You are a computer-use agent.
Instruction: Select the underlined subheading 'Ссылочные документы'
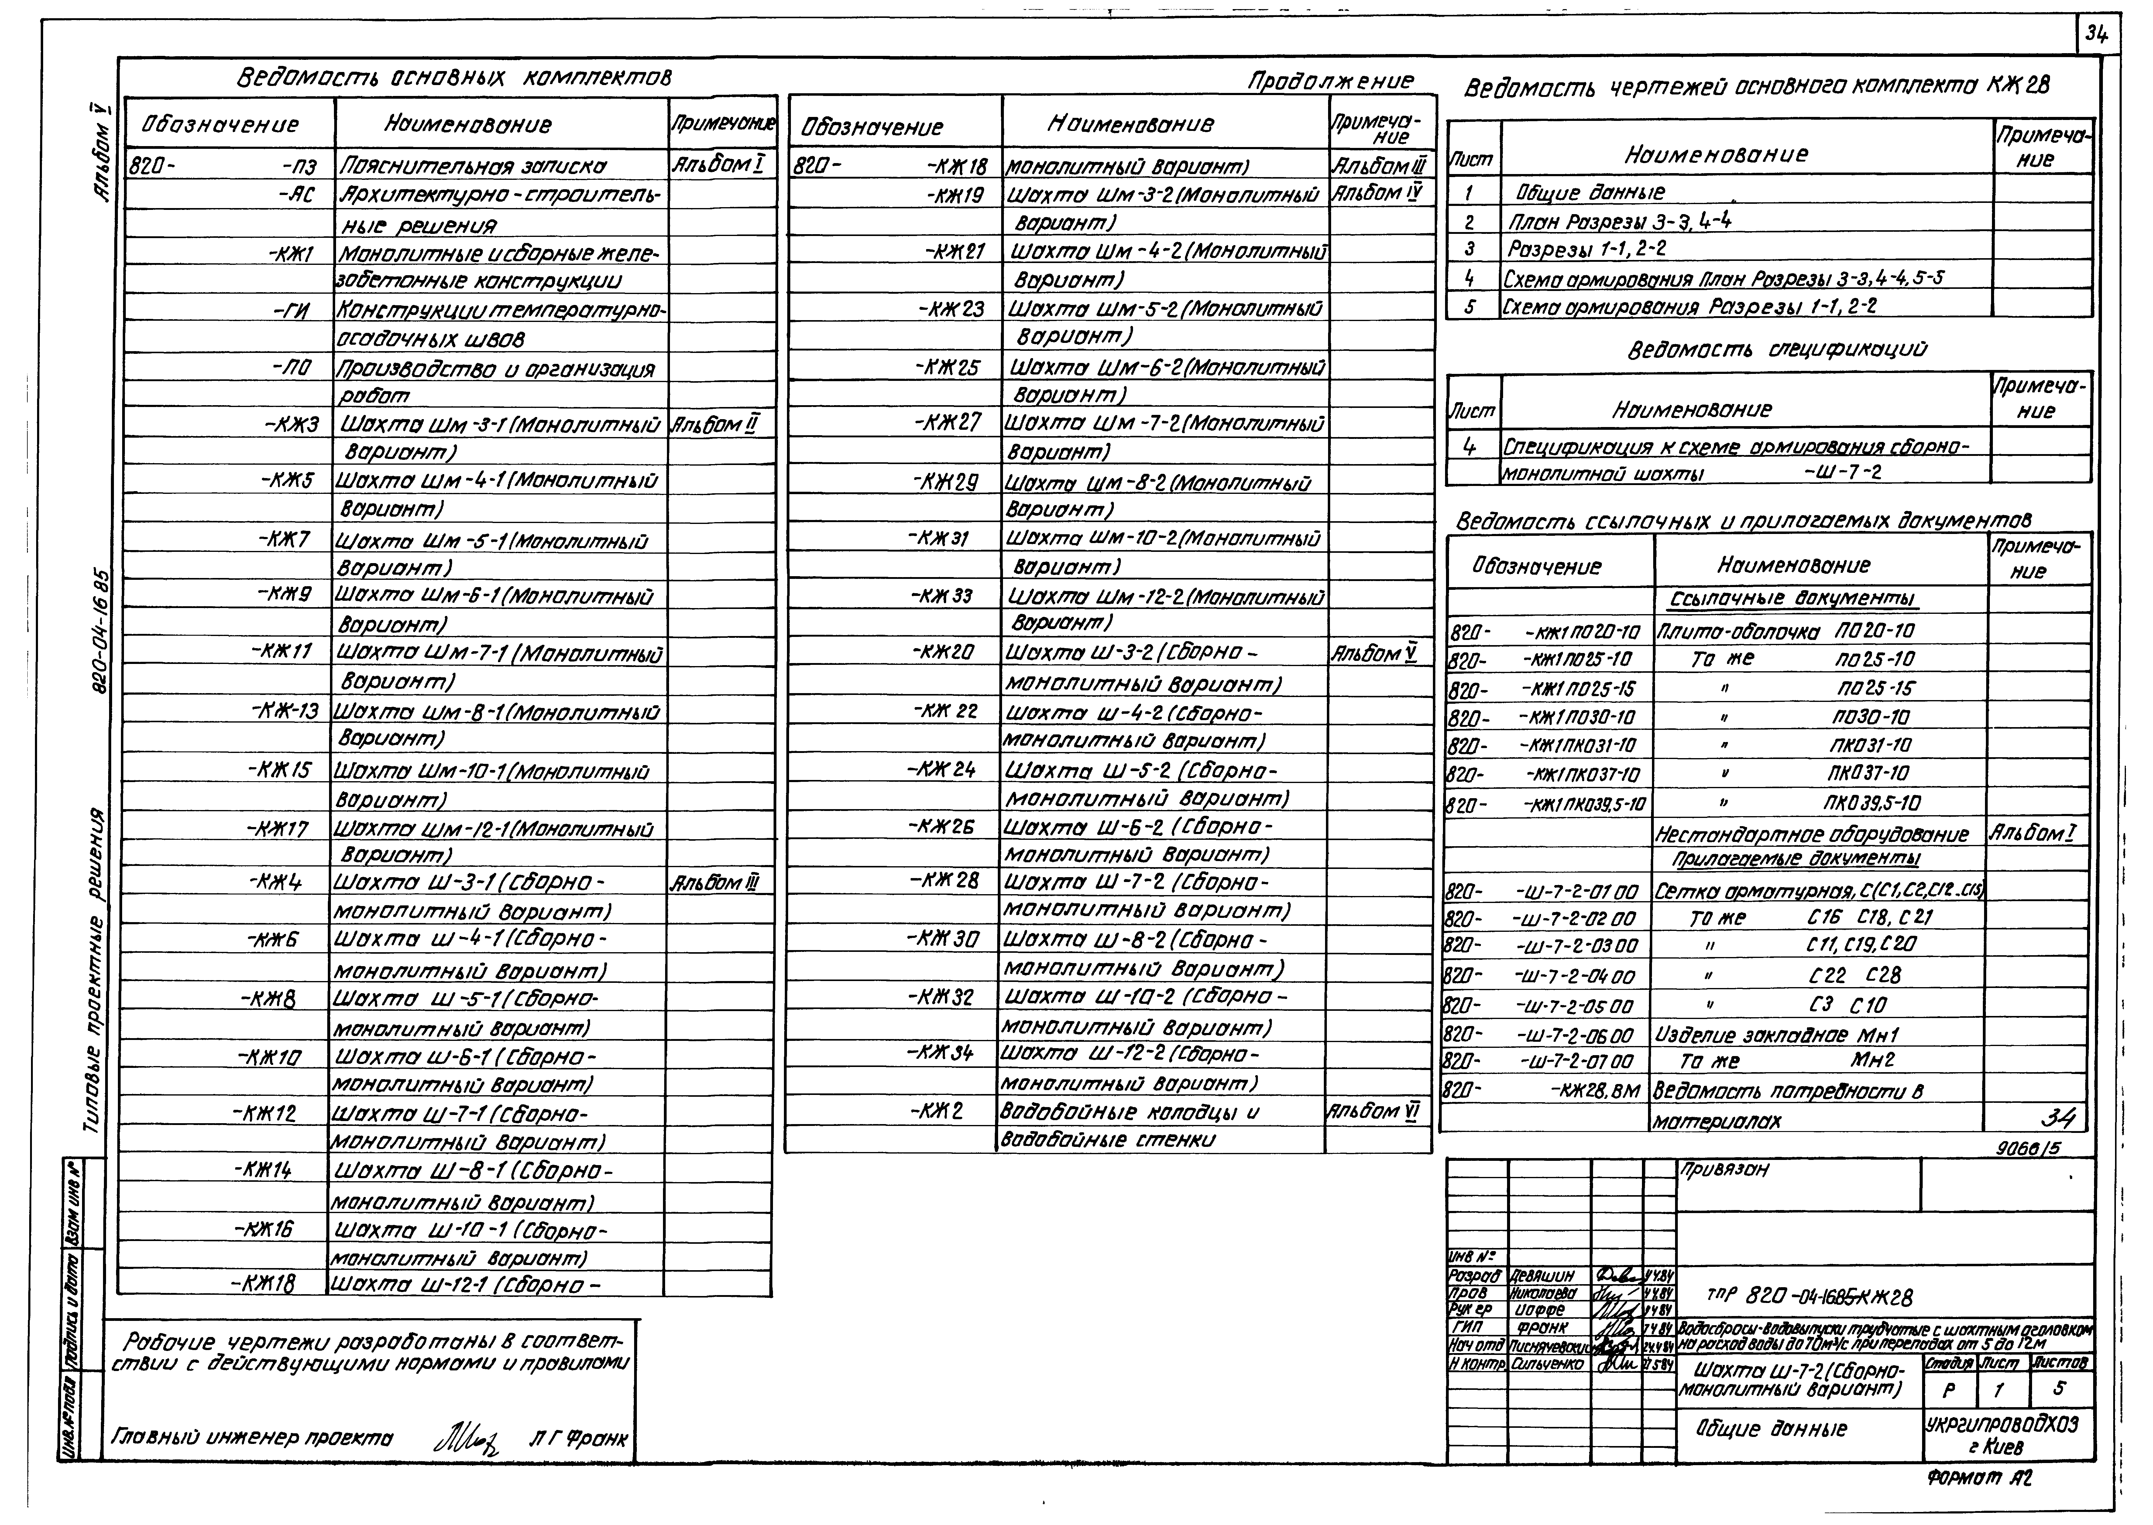[x=1792, y=599]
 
